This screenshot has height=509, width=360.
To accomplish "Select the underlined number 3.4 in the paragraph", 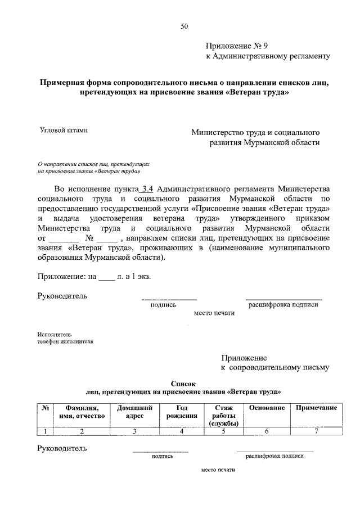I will point(147,188).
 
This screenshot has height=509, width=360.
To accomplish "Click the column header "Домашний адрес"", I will point(134,412).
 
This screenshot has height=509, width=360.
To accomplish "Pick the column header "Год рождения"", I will point(182,412).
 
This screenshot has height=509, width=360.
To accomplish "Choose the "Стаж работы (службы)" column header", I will point(223,416).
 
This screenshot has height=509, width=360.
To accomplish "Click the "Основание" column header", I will point(266,408).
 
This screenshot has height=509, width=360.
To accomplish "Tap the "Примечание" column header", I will point(316,408).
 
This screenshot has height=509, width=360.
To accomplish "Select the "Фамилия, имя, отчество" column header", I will point(82,412).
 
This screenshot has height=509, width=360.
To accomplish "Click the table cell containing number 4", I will point(182,431).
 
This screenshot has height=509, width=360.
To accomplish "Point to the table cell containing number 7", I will point(316,431).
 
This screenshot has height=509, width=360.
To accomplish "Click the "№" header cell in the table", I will point(44,408).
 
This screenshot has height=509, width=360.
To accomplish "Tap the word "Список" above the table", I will point(182,382).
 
